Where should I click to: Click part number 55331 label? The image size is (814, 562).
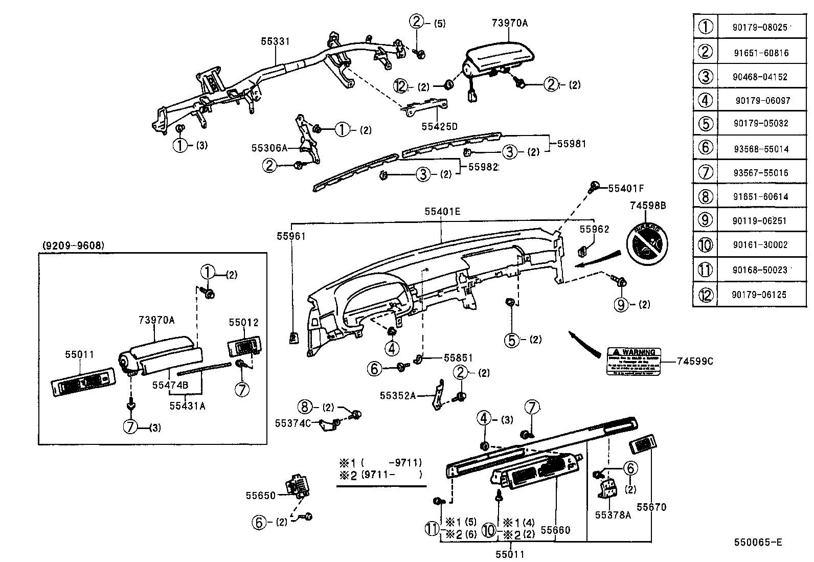[x=275, y=42]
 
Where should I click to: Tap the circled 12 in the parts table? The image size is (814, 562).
[x=706, y=295]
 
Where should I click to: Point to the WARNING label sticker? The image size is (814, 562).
[x=634, y=362]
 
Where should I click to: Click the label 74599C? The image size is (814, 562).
[x=694, y=362]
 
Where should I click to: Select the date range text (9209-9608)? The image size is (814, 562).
[x=72, y=245]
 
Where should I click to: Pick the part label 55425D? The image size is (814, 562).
[x=439, y=126]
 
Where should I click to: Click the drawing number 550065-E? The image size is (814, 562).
[x=758, y=543]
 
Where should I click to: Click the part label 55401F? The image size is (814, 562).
[x=626, y=189]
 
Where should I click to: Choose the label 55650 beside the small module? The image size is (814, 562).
[x=261, y=495]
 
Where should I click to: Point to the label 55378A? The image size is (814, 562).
[x=613, y=515]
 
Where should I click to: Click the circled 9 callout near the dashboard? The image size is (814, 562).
[x=621, y=305]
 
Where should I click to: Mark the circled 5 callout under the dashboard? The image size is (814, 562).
[x=512, y=340]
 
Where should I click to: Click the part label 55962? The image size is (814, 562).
[x=594, y=230]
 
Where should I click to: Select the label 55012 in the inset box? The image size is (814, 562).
[x=243, y=323]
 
